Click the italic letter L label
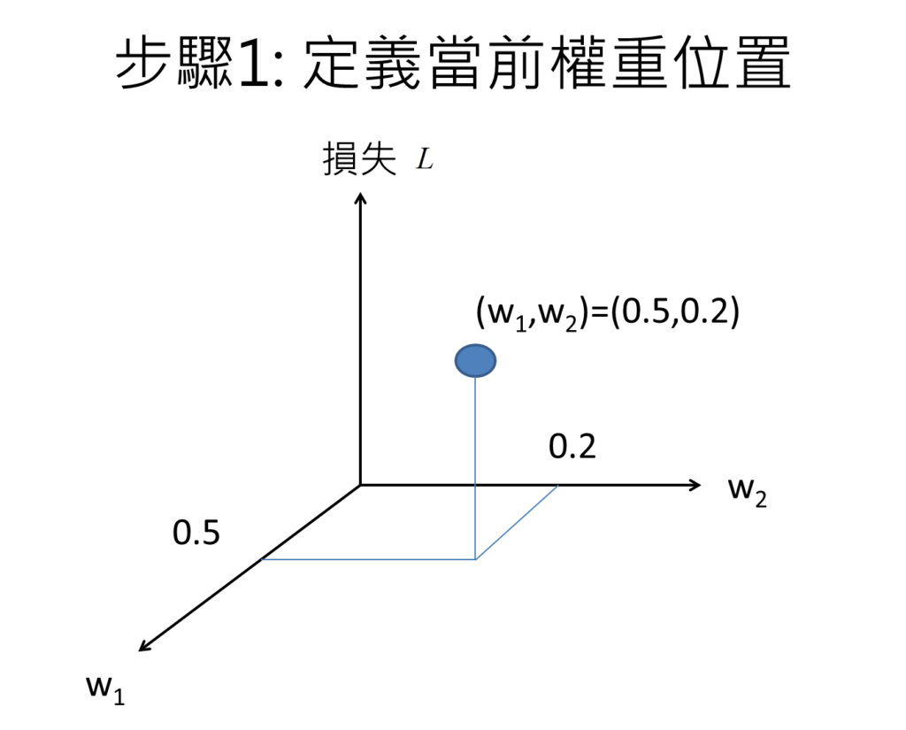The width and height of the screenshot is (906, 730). (x=425, y=159)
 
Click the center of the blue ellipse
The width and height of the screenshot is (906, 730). (x=475, y=361)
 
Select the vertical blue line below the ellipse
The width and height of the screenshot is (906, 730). (x=475, y=442)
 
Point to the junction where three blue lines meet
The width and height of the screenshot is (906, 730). (x=475, y=559)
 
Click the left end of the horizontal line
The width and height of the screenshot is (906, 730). (x=264, y=559)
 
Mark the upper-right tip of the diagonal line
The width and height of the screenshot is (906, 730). (x=557, y=487)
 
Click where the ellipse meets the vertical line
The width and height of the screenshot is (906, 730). (x=475, y=378)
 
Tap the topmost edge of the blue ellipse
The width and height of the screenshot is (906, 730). (x=475, y=345)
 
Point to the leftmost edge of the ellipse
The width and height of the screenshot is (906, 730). (x=456, y=361)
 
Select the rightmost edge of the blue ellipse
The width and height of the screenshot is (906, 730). (x=495, y=361)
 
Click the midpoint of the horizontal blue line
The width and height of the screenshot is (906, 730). (x=369, y=559)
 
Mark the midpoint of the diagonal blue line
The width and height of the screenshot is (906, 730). (x=517, y=523)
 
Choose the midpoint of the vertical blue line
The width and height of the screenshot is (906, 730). (x=475, y=469)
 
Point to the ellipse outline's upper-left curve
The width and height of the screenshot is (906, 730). (x=461, y=350)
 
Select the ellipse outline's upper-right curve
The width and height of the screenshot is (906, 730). (x=489, y=350)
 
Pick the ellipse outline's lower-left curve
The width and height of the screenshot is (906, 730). (x=461, y=372)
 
